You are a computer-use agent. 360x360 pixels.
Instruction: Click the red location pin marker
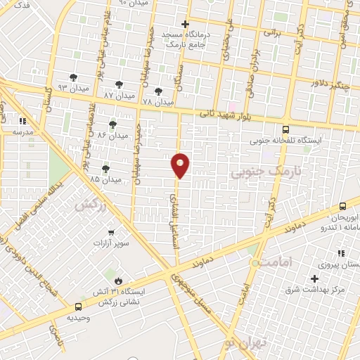pyautogui.click(x=181, y=165)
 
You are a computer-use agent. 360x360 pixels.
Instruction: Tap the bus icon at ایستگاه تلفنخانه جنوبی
pyautogui.click(x=285, y=129)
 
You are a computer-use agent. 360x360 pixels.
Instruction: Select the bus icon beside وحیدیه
pyautogui.click(x=77, y=306)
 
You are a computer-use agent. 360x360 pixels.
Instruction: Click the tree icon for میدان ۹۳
pyautogui.click(x=74, y=77)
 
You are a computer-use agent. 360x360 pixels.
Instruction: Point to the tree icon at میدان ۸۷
pyautogui.click(x=120, y=84)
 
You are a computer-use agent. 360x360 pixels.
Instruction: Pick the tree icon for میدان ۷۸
pyautogui.click(x=158, y=91)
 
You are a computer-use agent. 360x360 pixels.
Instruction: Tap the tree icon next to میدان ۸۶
pyautogui.click(x=112, y=124)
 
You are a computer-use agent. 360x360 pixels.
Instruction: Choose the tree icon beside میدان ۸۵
pyautogui.click(x=105, y=168)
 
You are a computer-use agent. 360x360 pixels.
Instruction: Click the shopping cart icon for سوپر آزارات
pyautogui.click(x=110, y=233)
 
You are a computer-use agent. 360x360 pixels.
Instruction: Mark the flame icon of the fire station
pyautogui.click(x=118, y=279)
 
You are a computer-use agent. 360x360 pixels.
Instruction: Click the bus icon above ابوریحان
pyautogui.click(x=342, y=206)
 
